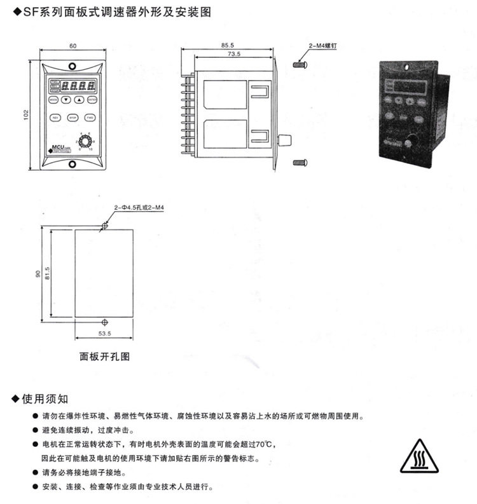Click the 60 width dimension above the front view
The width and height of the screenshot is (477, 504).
pos(73,46)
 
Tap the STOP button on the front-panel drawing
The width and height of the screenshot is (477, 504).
pos(73,118)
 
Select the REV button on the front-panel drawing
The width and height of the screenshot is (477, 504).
pos(55,118)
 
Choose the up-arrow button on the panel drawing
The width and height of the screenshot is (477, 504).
pos(79,100)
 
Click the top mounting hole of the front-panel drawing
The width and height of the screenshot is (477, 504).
pos(73,65)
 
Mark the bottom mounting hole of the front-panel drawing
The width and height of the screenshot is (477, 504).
pos(73,165)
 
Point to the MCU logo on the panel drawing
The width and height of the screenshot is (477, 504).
pos(57,149)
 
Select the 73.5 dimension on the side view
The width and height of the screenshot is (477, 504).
pos(233,55)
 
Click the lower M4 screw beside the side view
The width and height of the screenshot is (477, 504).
pos(300,163)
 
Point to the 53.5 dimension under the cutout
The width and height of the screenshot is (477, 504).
pos(105,333)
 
